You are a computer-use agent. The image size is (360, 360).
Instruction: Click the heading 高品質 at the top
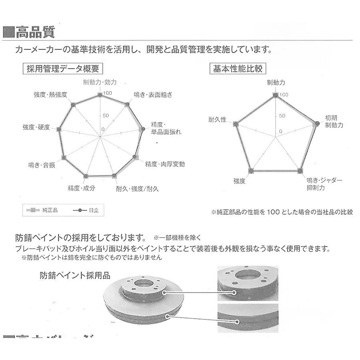point(35,32)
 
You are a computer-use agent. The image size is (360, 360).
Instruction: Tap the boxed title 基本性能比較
point(238,68)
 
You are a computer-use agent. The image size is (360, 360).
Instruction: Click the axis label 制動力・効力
point(100,82)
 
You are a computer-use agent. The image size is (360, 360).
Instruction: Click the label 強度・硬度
point(36,127)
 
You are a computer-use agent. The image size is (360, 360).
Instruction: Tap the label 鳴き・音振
point(42,164)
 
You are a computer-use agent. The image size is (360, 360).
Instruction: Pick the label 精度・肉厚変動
point(165,164)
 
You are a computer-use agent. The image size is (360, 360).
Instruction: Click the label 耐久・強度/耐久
point(137,188)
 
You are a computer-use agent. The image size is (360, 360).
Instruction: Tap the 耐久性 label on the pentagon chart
point(217,120)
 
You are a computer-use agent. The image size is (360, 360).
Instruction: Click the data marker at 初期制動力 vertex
point(317,124)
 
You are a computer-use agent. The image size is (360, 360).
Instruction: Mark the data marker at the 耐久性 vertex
point(236,124)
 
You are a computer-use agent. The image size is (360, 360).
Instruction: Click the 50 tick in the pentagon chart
point(282,116)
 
